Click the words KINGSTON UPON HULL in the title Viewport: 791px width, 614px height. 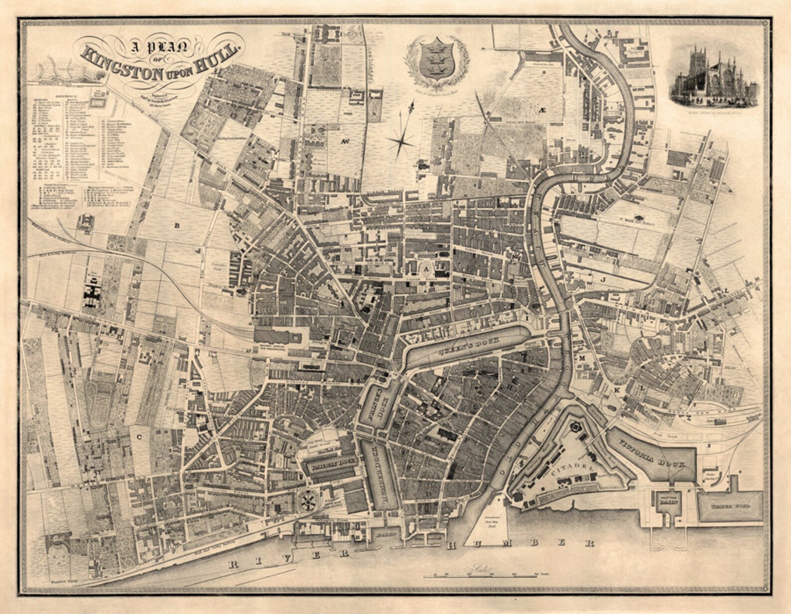pos(162,62)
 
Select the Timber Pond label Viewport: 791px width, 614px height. pos(730,506)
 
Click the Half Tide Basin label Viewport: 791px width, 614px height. pos(664,501)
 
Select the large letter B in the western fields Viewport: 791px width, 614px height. pos(176,225)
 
